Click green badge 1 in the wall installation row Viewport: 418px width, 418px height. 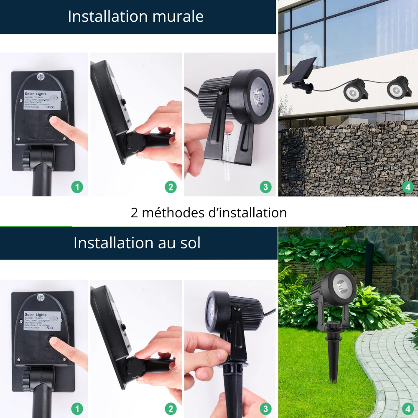tap(77, 187)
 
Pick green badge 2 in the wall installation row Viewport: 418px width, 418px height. tap(171, 187)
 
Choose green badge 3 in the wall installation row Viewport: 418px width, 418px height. tap(265, 187)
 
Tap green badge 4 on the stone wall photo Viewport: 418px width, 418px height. tap(408, 187)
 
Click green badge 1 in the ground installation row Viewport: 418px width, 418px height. tap(77, 408)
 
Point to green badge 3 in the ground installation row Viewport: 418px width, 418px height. tap(265, 408)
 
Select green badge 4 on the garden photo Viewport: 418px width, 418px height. tap(408, 408)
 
